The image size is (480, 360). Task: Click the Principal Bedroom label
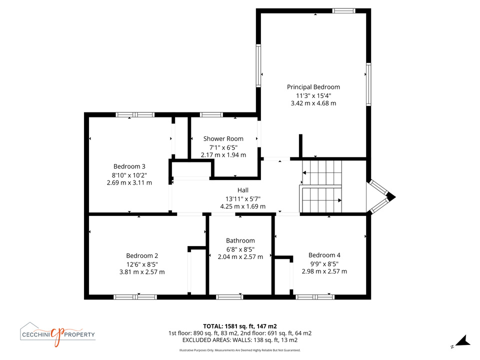pos(313,87)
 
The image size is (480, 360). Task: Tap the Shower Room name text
pos(223,138)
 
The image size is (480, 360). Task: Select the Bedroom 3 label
pos(129,166)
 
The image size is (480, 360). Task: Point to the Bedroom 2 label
pos(142,255)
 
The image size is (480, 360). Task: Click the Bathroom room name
pos(240,240)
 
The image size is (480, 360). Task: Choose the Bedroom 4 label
pos(324,255)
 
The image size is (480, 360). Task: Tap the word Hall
pos(243,190)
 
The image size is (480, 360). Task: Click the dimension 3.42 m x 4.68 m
pos(313,103)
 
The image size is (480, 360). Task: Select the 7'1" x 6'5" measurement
pos(223,147)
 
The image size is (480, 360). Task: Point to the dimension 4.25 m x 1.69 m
pos(243,206)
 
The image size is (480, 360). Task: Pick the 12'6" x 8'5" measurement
pos(142,264)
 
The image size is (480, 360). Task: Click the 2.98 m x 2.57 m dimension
pos(324,271)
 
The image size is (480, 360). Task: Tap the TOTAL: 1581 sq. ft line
pos(239,326)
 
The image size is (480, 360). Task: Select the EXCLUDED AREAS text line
pos(239,340)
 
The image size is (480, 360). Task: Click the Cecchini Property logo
pos(57,334)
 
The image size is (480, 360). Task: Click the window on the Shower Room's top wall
pos(211,115)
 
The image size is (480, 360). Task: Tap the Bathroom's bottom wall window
pos(229,297)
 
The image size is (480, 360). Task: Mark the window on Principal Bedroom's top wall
pos(344,10)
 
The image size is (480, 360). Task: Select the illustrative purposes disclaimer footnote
pos(239,350)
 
